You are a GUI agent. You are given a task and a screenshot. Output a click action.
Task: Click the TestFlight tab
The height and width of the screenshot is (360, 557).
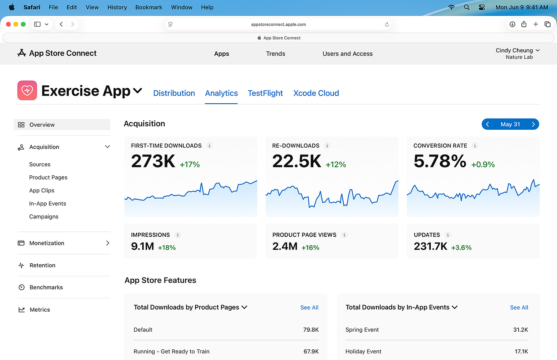pyautogui.click(x=265, y=93)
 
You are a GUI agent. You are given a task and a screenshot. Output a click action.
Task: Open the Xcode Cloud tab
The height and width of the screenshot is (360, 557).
pyautogui.click(x=316, y=93)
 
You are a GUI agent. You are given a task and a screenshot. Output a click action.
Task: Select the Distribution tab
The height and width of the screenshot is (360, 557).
pyautogui.click(x=174, y=93)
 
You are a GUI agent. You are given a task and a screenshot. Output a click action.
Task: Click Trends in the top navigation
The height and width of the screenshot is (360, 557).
pyautogui.click(x=275, y=54)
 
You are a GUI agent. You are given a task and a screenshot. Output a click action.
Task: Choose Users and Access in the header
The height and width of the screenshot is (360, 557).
pyautogui.click(x=347, y=54)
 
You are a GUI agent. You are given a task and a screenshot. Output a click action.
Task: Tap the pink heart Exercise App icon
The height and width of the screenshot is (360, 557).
pyautogui.click(x=27, y=91)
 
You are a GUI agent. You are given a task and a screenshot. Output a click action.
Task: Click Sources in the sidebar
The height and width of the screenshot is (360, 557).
pyautogui.click(x=40, y=165)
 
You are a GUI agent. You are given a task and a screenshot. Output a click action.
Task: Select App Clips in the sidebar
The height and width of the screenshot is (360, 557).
pyautogui.click(x=42, y=191)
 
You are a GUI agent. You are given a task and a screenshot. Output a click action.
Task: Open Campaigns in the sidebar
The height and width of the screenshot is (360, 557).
pyautogui.click(x=44, y=217)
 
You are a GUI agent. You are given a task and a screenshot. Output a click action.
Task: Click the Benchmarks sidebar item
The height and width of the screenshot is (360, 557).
pyautogui.click(x=46, y=287)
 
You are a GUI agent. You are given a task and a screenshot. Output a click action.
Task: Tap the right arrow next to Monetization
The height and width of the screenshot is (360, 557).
pyautogui.click(x=107, y=243)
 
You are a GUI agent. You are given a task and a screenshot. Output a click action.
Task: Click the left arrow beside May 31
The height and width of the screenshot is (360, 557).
pyautogui.click(x=487, y=124)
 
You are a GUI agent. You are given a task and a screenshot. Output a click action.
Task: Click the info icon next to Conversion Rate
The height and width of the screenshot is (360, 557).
pyautogui.click(x=475, y=146)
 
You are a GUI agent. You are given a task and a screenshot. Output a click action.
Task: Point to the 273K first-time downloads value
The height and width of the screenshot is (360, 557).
pyautogui.click(x=153, y=161)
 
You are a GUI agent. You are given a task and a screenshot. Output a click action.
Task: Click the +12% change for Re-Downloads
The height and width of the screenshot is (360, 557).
pyautogui.click(x=336, y=165)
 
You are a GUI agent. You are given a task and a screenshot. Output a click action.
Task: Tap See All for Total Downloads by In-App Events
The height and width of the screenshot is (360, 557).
pyautogui.click(x=519, y=308)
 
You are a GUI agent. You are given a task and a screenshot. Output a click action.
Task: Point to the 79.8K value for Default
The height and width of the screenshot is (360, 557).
pyautogui.click(x=311, y=330)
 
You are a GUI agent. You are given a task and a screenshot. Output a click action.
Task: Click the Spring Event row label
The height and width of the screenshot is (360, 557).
pyautogui.click(x=362, y=330)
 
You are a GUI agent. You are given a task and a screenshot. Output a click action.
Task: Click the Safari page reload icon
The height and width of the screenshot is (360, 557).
pyautogui.click(x=387, y=24)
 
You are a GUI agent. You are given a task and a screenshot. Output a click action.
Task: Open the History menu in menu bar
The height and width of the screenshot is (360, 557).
pyautogui.click(x=117, y=7)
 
